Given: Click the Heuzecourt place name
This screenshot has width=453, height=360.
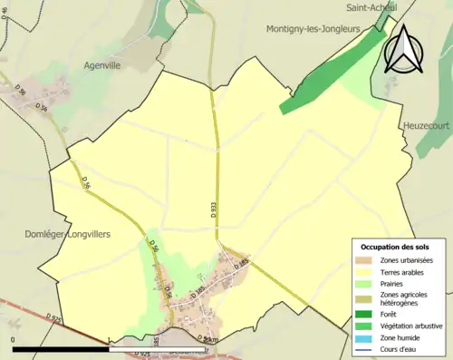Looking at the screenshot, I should (428, 125).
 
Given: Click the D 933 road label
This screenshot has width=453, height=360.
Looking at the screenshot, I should (214, 207).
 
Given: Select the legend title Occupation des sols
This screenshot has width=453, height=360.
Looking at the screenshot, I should (395, 247).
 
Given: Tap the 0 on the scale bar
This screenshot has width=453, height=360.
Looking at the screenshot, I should (14, 339).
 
